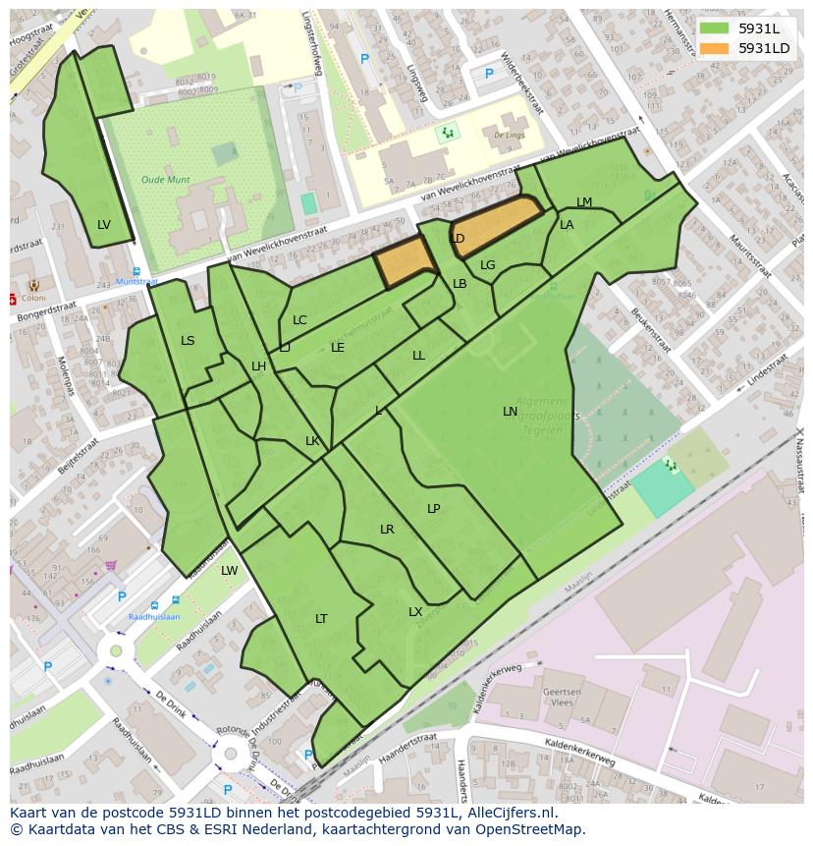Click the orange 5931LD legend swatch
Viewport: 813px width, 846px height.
[715, 48]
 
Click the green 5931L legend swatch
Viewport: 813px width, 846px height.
[715, 28]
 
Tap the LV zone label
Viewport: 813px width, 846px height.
[104, 225]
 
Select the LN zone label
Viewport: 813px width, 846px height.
[510, 412]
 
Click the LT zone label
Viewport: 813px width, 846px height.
[321, 618]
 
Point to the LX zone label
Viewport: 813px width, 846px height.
[415, 612]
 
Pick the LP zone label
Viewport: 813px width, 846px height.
[434, 508]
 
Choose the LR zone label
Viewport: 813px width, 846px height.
[387, 530]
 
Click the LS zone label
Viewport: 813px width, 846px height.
[188, 341]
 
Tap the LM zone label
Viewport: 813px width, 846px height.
[584, 202]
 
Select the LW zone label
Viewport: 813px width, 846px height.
[229, 571]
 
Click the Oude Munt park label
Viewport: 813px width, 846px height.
[165, 180]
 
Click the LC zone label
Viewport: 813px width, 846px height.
[299, 320]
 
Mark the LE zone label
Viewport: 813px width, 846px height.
[338, 347]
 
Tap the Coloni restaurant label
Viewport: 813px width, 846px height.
[33, 299]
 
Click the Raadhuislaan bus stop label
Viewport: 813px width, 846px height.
[153, 617]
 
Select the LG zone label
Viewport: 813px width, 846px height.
[487, 264]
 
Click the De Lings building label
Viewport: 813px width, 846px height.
[509, 136]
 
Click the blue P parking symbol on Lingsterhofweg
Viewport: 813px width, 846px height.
[364, 59]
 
